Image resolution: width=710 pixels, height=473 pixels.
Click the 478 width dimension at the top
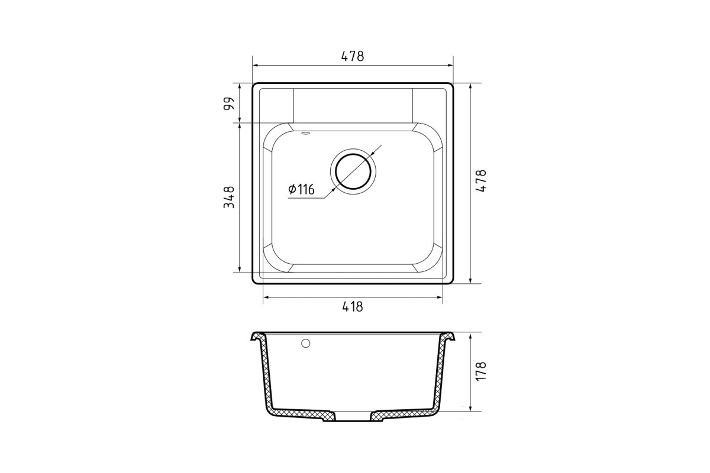(353, 56)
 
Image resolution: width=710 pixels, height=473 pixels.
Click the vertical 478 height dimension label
(481, 180)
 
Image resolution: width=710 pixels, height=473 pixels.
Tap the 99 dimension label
(229, 103)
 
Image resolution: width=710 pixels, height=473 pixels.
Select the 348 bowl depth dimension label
(229, 197)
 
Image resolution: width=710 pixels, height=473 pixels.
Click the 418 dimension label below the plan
(353, 307)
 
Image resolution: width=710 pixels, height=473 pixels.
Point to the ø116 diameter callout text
(301, 189)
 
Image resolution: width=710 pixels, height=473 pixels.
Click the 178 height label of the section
(481, 371)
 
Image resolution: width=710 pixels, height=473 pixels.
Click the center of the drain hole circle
(353, 171)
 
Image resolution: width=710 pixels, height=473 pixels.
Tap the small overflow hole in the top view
(306, 134)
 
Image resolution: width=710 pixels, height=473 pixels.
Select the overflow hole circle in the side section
(305, 343)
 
